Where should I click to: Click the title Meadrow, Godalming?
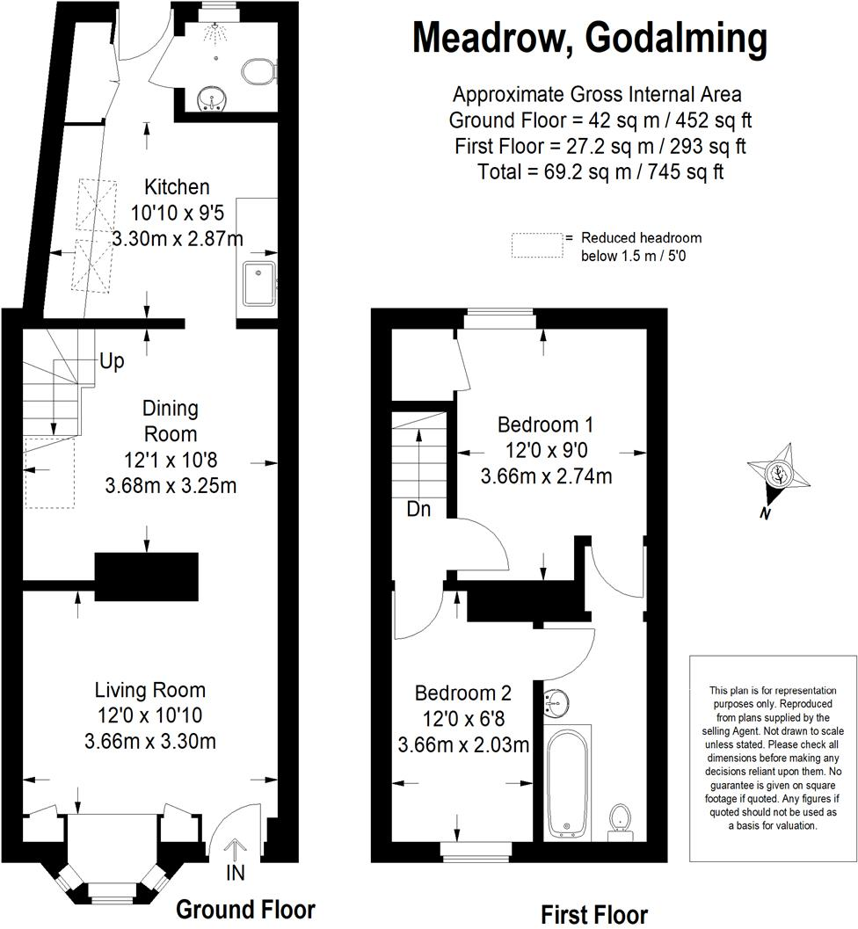(590, 38)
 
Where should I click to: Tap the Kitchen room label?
(177, 186)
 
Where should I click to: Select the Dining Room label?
(171, 421)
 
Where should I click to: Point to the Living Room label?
(150, 690)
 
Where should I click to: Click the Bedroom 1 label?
(545, 425)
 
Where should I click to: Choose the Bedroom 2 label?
(462, 693)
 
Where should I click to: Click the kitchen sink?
(259, 281)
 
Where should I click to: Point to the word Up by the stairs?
(112, 361)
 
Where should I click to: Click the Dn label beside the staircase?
(418, 509)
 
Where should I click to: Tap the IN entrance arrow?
(235, 857)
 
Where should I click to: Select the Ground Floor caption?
(245, 909)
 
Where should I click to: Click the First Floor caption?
(594, 914)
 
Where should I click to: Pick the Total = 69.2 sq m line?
(600, 171)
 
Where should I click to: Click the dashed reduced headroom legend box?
(537, 245)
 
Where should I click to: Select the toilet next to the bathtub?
(620, 817)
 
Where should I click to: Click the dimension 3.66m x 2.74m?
(546, 476)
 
